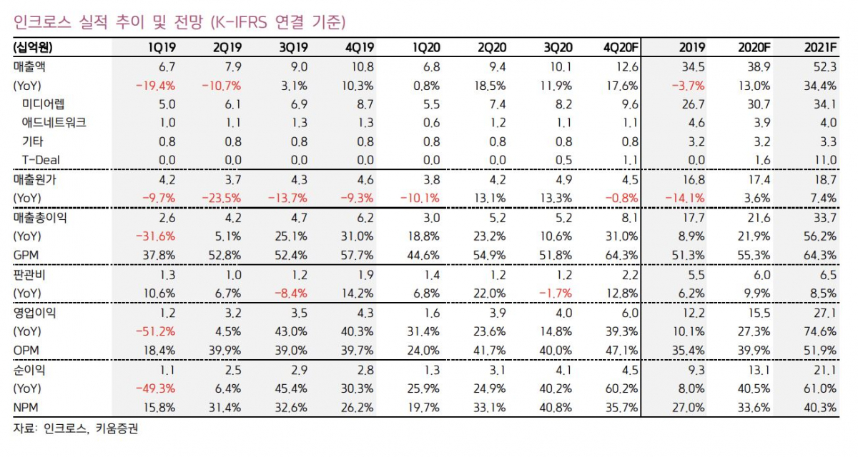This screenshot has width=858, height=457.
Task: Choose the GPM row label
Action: pos(26,253)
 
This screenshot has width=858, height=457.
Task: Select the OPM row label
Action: pos(26,350)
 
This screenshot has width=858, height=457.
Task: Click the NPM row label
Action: pos(26,408)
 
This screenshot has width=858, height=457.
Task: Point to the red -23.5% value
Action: pos(224,198)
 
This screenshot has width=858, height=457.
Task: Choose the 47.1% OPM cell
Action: pos(621,350)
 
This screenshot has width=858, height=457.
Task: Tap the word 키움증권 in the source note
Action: pos(117,429)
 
